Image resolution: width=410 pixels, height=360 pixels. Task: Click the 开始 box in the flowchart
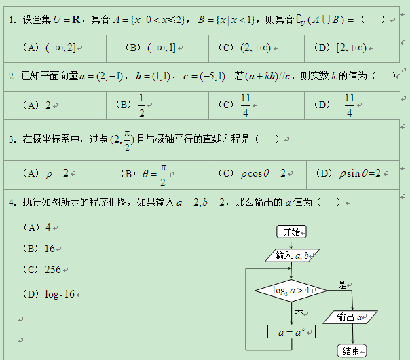coord(292,232)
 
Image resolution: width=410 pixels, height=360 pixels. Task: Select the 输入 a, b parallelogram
coord(292,256)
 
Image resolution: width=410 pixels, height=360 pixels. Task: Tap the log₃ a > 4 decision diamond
coord(291,291)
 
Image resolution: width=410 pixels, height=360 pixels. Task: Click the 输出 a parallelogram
coord(352,317)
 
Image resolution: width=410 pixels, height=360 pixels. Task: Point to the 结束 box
coord(352,350)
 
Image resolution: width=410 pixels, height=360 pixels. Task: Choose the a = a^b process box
coord(291,332)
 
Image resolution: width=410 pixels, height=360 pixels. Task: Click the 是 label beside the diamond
coord(342,285)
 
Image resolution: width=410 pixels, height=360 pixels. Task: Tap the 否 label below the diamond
coord(299,314)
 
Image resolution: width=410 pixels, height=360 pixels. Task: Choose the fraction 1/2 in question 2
coord(141,105)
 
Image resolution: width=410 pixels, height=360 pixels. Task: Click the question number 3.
coord(12,139)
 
